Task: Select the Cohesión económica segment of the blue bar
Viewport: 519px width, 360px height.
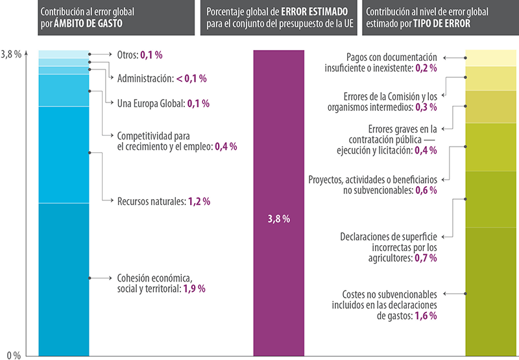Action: (64, 279)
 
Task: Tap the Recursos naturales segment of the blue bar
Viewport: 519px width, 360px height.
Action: (64, 154)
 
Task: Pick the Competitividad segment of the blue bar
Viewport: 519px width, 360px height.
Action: (64, 90)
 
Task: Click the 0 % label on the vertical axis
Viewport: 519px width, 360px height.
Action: (14, 354)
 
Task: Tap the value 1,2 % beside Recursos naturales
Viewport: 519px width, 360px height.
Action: (199, 201)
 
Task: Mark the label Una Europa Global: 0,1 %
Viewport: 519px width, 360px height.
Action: (163, 103)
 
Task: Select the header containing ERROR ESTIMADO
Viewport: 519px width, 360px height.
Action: (278, 18)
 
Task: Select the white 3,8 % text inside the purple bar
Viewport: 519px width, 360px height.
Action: (278, 219)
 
